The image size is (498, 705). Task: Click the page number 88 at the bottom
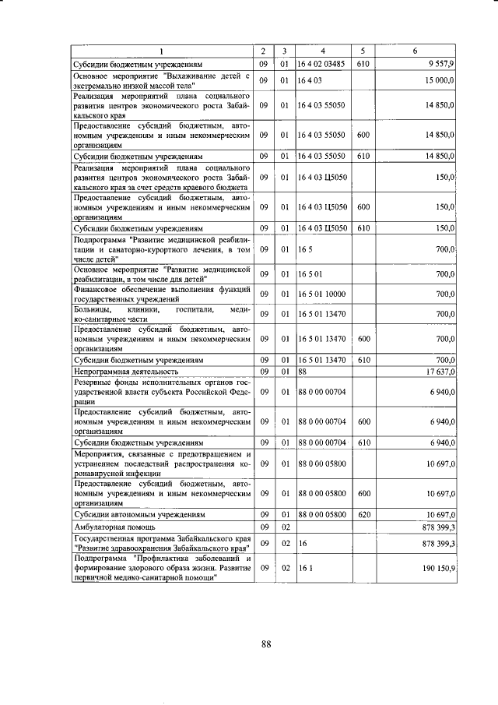click(x=265, y=643)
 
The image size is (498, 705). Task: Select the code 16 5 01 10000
click(x=321, y=294)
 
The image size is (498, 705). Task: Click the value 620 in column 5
click(x=363, y=515)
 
